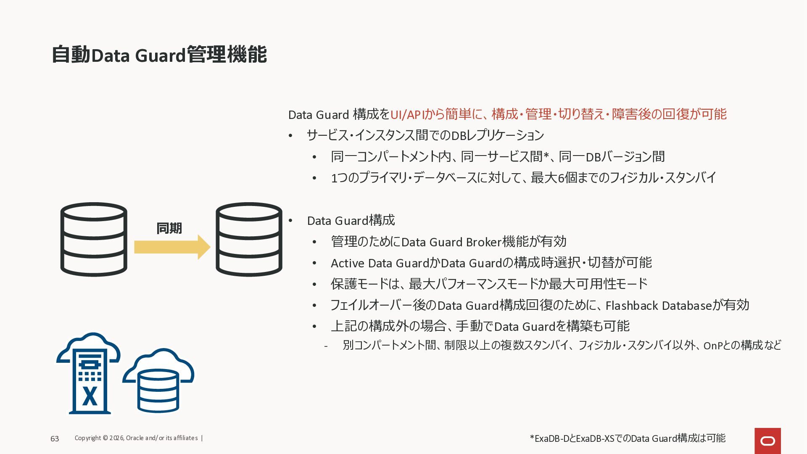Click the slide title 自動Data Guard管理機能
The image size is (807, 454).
tap(159, 55)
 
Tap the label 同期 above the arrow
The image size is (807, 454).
tap(169, 228)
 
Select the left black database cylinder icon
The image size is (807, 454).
tap(94, 239)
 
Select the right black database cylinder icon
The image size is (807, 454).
tap(249, 239)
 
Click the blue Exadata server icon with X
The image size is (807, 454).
tap(89, 375)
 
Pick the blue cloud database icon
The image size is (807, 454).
tap(158, 380)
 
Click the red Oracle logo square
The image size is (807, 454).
tap(767, 441)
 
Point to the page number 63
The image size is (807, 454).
tap(55, 439)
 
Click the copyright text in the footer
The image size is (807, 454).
tap(136, 438)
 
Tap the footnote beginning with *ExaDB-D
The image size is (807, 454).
tap(628, 438)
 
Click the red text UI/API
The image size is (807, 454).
tap(406, 114)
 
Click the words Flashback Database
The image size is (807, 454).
tap(659, 306)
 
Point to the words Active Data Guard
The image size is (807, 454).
tap(380, 263)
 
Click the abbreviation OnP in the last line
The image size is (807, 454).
tap(712, 346)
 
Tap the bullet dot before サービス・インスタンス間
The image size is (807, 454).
tap(290, 135)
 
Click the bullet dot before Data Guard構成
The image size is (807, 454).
tap(290, 221)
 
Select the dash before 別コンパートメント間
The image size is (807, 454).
tap(326, 346)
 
